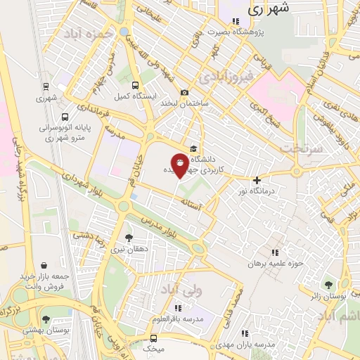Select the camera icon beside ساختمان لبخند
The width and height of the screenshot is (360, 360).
(184, 92)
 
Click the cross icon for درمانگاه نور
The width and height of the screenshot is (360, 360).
(257, 180)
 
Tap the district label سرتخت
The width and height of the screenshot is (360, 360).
(300, 148)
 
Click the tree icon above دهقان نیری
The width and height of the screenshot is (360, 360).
(128, 238)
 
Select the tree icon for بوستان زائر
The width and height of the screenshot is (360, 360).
(328, 284)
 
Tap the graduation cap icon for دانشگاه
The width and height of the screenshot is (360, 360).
(193, 147)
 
